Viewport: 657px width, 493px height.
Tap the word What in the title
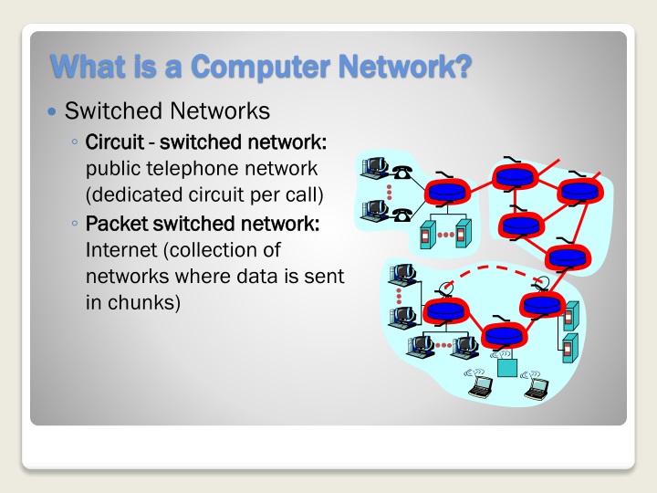(x=85, y=67)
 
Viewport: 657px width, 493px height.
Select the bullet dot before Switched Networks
(x=52, y=112)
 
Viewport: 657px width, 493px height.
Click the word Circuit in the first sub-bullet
(x=114, y=143)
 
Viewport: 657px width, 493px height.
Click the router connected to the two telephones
(x=444, y=192)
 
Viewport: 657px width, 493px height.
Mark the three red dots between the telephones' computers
(x=389, y=192)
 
